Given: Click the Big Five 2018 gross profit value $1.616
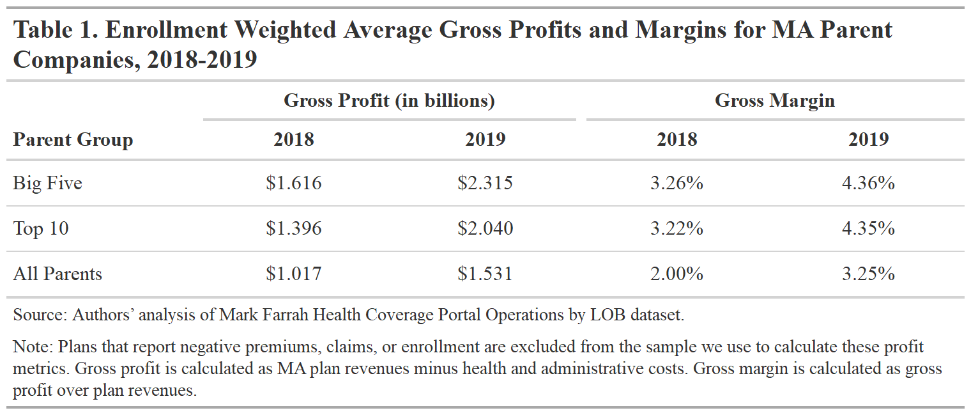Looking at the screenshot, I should point(294,183).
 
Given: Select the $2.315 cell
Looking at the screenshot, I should point(485,183).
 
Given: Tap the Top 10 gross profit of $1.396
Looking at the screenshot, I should point(294,228).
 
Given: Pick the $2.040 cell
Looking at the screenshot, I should point(485,228).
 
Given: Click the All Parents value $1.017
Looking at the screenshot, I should point(294,274).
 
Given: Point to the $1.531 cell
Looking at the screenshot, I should point(485,274).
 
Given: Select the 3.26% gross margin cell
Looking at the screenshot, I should point(677,183).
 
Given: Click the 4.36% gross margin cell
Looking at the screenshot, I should point(868,183).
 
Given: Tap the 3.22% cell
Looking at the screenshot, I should point(677,228).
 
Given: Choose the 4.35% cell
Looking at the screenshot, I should point(868,228).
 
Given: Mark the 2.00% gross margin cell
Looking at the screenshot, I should point(677,274).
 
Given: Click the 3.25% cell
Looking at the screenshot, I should point(868,274).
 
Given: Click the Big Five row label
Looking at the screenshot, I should point(48,183).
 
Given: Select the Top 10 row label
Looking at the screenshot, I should point(41,228).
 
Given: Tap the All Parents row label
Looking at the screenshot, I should point(57,274).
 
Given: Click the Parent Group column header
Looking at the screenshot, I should point(73,139).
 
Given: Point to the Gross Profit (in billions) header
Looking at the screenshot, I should point(389,100).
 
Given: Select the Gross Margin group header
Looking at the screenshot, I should point(774,100).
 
